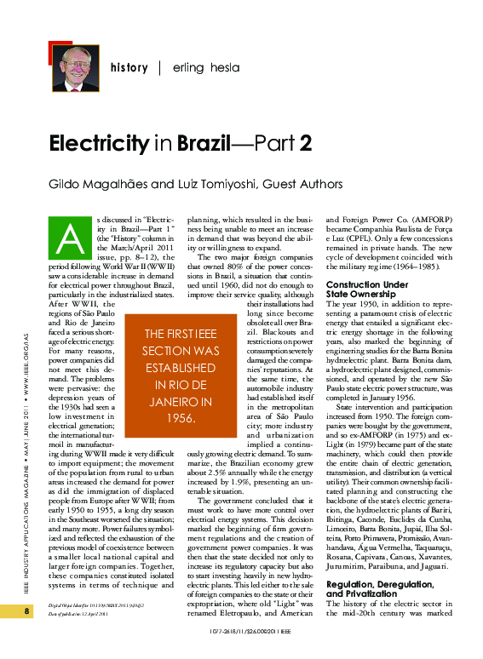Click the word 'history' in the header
[129, 67]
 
